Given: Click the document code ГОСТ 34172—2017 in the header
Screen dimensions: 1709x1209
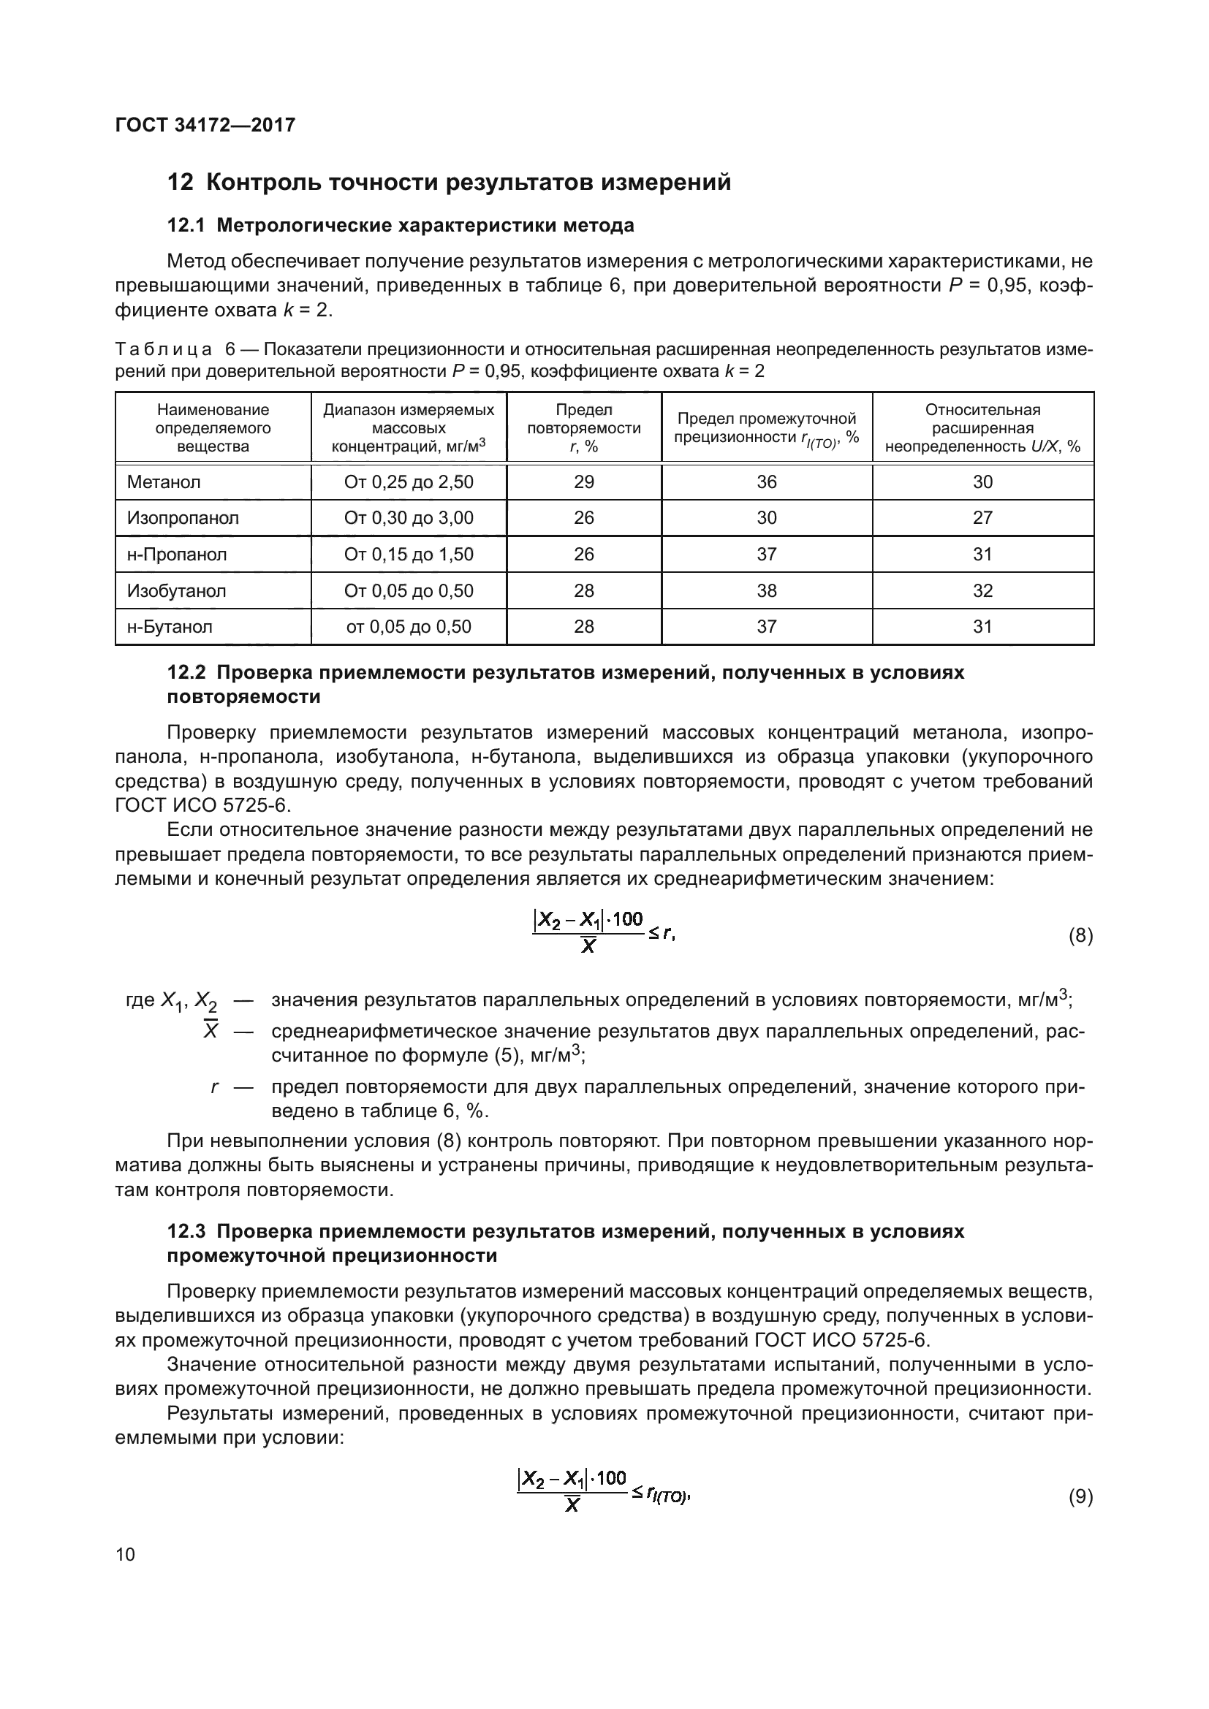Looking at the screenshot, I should pos(205,125).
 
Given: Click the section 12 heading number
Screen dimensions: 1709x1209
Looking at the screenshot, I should pos(180,183).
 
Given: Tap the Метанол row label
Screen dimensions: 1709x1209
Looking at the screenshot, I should pos(164,482).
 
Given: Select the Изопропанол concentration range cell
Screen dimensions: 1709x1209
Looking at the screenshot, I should pos(409,518).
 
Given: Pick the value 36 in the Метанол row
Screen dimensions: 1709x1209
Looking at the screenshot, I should pos(766,482).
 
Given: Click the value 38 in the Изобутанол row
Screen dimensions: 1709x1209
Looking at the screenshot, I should pos(766,591).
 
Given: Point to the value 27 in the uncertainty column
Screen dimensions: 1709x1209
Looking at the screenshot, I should pos(982,518).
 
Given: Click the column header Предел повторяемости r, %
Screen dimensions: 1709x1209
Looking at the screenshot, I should pos(583,428).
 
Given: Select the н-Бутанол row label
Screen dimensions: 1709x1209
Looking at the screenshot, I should pos(170,627).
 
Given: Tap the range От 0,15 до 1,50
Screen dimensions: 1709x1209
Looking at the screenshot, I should pos(409,555).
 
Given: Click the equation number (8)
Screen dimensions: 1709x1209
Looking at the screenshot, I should pos(1080,937).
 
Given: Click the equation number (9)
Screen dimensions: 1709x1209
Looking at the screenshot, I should pos(1080,1496).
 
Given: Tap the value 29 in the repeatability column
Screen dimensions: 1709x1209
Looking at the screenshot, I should pos(583,482).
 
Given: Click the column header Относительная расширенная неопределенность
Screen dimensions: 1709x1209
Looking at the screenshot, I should pos(982,428).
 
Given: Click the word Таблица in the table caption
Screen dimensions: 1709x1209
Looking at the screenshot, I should pos(164,350).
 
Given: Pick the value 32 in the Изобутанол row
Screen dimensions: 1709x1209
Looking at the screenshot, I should pos(982,591).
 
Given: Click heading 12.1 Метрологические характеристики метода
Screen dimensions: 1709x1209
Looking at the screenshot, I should pos(401,226).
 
